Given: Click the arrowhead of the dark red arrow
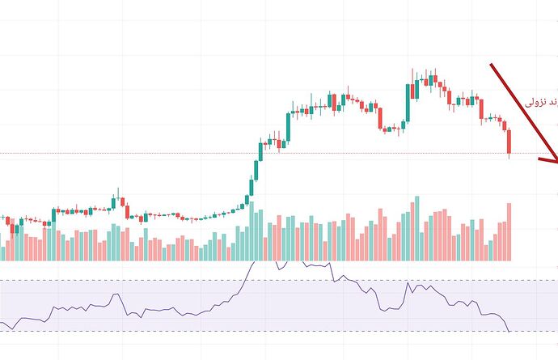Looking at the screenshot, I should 552,159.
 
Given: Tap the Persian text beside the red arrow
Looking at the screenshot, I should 539,103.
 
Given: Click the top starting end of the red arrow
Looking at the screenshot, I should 491,65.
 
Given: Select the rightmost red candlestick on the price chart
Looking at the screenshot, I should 509,142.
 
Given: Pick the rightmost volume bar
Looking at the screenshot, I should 509,231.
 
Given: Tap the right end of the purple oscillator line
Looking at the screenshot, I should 509,331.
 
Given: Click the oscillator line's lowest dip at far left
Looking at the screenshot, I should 11,328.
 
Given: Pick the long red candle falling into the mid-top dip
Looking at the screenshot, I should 379,117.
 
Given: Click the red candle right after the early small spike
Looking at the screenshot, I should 127,211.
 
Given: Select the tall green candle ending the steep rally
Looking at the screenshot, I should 288,125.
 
